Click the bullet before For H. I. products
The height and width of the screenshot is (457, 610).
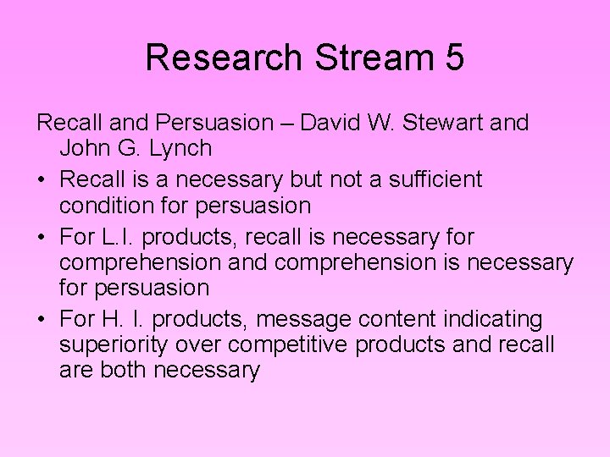pyautogui.click(x=42, y=320)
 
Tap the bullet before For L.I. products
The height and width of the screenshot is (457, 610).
pyautogui.click(x=42, y=237)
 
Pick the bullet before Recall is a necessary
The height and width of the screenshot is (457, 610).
pyautogui.click(x=42, y=180)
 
